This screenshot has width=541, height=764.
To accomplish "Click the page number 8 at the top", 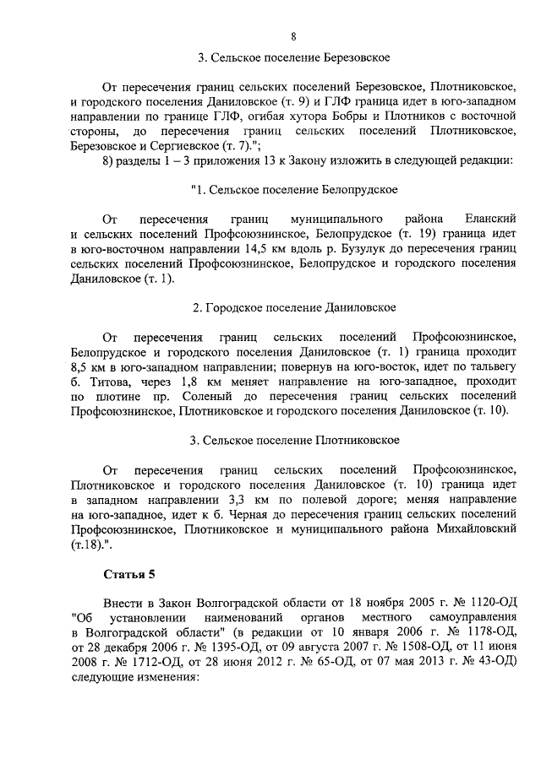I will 292,35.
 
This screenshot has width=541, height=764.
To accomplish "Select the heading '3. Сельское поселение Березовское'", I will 293,59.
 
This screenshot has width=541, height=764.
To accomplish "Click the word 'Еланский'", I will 489,219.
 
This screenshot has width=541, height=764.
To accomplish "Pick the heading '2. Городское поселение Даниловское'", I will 293,307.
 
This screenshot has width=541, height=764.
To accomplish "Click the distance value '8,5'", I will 83,366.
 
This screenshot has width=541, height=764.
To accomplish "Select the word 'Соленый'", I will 189,395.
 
